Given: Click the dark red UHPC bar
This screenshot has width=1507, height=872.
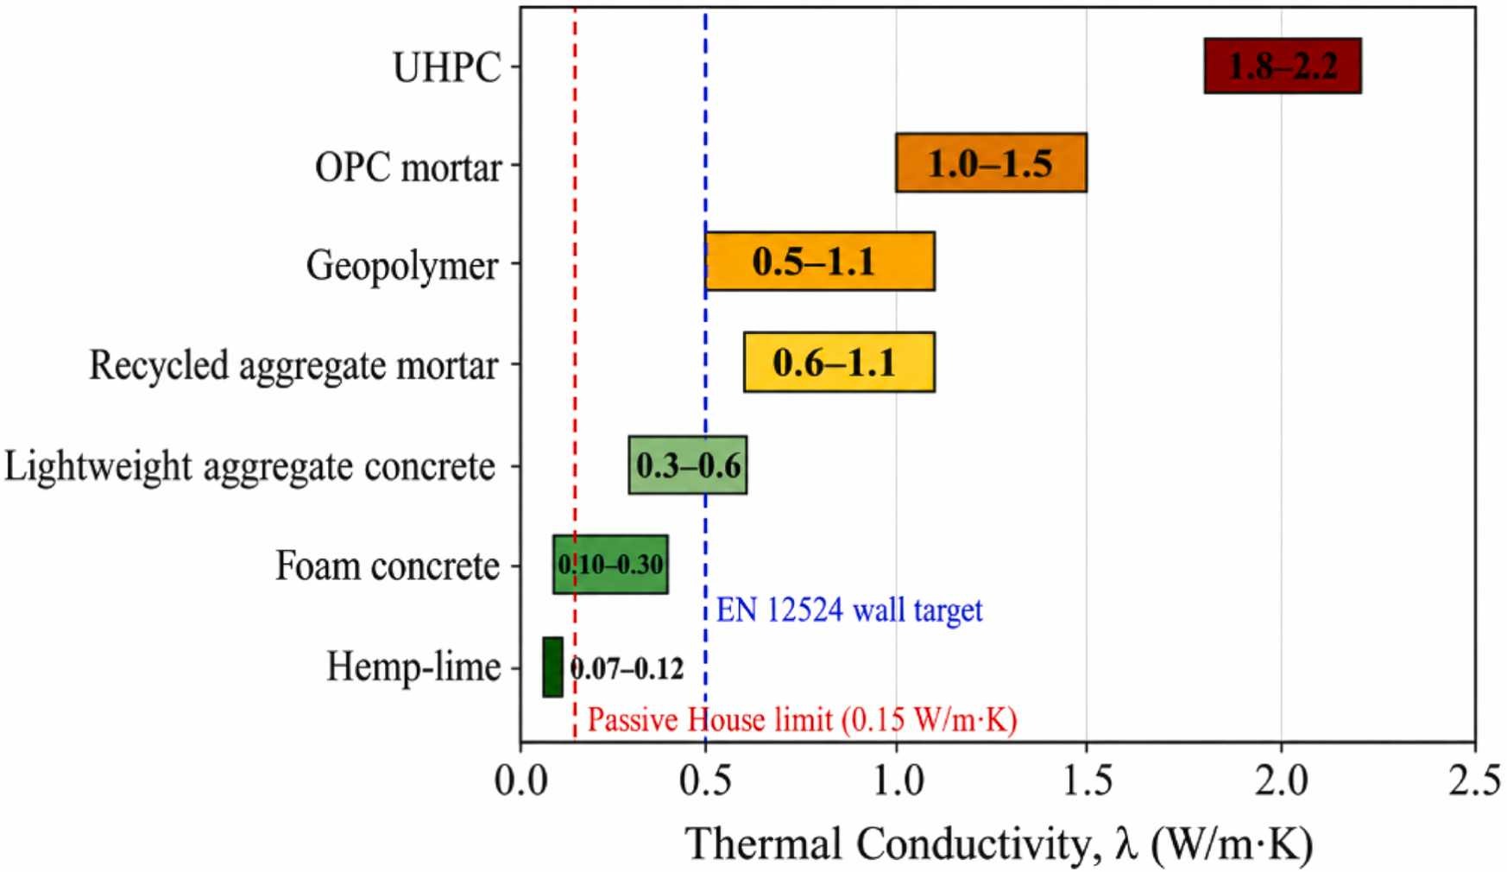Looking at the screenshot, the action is point(1283,66).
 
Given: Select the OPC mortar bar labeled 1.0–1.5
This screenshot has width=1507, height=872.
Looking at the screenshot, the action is point(991,162).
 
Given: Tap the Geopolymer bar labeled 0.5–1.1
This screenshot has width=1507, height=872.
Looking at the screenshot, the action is point(820,261).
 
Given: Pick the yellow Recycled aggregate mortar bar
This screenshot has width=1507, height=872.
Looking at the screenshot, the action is point(839,362).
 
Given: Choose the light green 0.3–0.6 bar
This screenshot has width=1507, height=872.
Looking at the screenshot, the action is point(688,464).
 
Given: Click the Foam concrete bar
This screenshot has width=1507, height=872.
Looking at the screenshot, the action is point(610,565).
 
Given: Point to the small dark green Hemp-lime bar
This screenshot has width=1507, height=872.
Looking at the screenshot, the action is point(552,667).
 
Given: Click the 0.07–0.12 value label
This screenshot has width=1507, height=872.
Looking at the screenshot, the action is point(627,668).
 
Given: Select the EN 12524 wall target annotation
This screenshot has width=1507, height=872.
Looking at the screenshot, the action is point(849,610).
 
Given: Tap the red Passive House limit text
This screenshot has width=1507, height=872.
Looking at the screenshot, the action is point(802,719).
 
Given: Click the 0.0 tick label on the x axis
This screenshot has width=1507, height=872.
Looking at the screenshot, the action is point(520,781).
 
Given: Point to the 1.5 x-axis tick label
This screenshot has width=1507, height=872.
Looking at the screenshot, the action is point(1087,781).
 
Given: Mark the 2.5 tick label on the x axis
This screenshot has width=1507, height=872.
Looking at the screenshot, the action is point(1474,781).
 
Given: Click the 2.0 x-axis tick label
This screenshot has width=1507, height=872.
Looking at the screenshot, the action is point(1281,781).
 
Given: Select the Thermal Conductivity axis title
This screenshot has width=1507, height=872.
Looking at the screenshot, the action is point(999,844).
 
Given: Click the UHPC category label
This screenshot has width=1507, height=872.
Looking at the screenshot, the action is point(447,67).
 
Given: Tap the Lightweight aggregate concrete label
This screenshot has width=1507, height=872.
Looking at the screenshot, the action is point(250,467).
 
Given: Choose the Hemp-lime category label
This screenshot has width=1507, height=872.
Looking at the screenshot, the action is point(413,667).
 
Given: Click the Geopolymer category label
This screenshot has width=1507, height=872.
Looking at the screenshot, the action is point(402,265).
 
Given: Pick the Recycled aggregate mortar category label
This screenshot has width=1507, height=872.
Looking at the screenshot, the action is point(293,366).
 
